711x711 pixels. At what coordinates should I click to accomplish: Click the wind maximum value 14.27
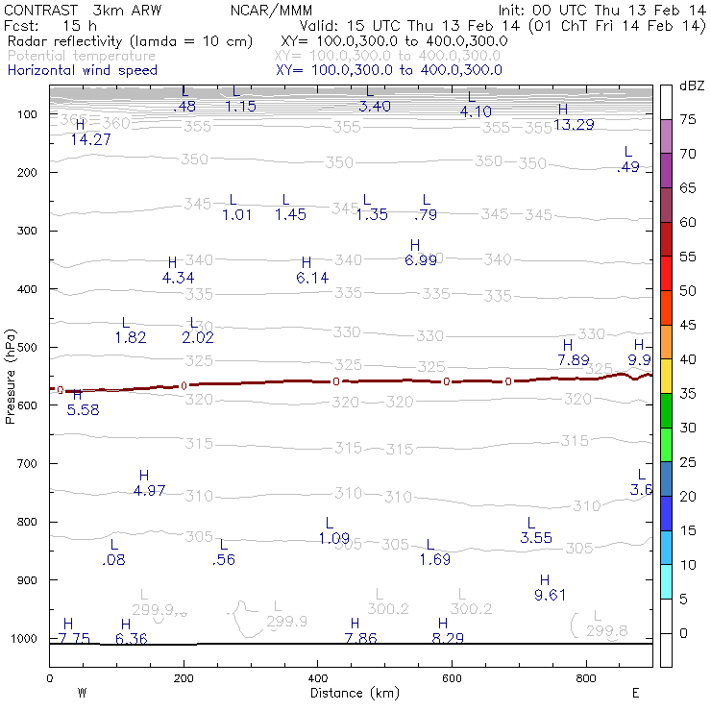click(x=91, y=139)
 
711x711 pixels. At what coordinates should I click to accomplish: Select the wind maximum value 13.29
click(x=574, y=125)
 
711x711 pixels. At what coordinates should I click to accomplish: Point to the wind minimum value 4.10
click(x=476, y=111)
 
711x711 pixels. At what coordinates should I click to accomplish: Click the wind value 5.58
click(x=83, y=409)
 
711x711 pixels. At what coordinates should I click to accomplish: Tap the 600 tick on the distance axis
click(x=452, y=678)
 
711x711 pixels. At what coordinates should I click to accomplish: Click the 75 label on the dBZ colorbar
click(x=688, y=119)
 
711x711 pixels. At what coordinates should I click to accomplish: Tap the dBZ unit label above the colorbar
click(x=692, y=86)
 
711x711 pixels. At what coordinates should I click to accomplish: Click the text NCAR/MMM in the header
click(x=272, y=11)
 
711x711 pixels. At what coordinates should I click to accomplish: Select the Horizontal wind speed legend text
click(x=82, y=70)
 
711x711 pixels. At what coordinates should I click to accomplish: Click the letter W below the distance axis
click(x=83, y=692)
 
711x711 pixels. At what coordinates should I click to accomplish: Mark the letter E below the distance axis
click(x=636, y=692)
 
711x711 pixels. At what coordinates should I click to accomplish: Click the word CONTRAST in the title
click(x=36, y=11)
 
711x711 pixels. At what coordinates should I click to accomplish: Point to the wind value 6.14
click(x=312, y=278)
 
